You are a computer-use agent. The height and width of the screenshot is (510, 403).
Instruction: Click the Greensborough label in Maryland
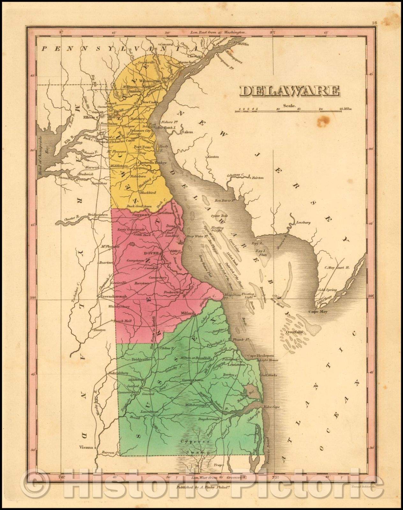point(114,296)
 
